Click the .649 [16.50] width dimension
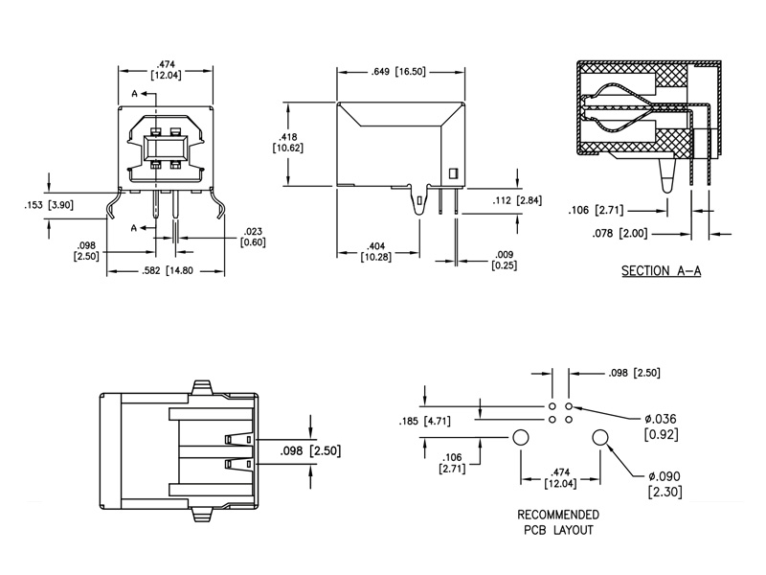[398, 72]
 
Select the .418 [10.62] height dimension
[288, 142]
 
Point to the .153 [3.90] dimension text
[49, 205]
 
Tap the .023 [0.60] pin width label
[253, 237]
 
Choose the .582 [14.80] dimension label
[167, 270]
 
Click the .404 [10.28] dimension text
[375, 251]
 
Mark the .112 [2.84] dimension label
[517, 200]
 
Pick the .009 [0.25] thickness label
[505, 260]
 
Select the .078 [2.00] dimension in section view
[620, 233]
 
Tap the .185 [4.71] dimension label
[424, 421]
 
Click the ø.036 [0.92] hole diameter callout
[661, 426]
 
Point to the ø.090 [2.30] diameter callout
[665, 484]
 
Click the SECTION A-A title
[661, 270]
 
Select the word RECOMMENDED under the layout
[558, 515]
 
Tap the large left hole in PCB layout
[520, 437]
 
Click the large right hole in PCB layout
[600, 437]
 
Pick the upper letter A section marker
[135, 93]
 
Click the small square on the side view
[453, 173]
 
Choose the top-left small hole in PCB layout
[552, 406]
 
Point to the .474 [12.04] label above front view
[166, 69]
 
